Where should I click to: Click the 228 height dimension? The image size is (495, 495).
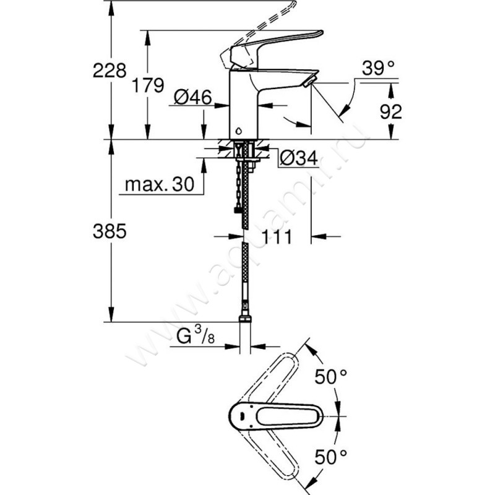point(110,71)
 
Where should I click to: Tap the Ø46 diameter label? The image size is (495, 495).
point(192,97)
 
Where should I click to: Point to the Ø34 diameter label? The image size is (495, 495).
point(298,159)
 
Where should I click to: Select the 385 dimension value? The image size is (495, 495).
point(110,231)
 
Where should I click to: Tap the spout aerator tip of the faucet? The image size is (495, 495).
point(309,80)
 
